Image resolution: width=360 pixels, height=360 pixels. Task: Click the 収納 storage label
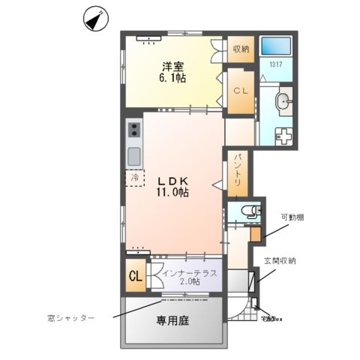point(240,50)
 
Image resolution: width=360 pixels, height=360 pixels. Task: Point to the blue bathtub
point(275,48)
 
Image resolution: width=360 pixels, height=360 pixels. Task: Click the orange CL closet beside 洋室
point(240,91)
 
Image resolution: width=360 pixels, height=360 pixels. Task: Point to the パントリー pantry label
point(237,170)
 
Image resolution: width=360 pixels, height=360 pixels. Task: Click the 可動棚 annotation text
point(293,217)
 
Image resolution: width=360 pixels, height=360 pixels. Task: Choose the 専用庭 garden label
point(171,321)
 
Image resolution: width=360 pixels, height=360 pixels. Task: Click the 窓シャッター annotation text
point(70,318)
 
